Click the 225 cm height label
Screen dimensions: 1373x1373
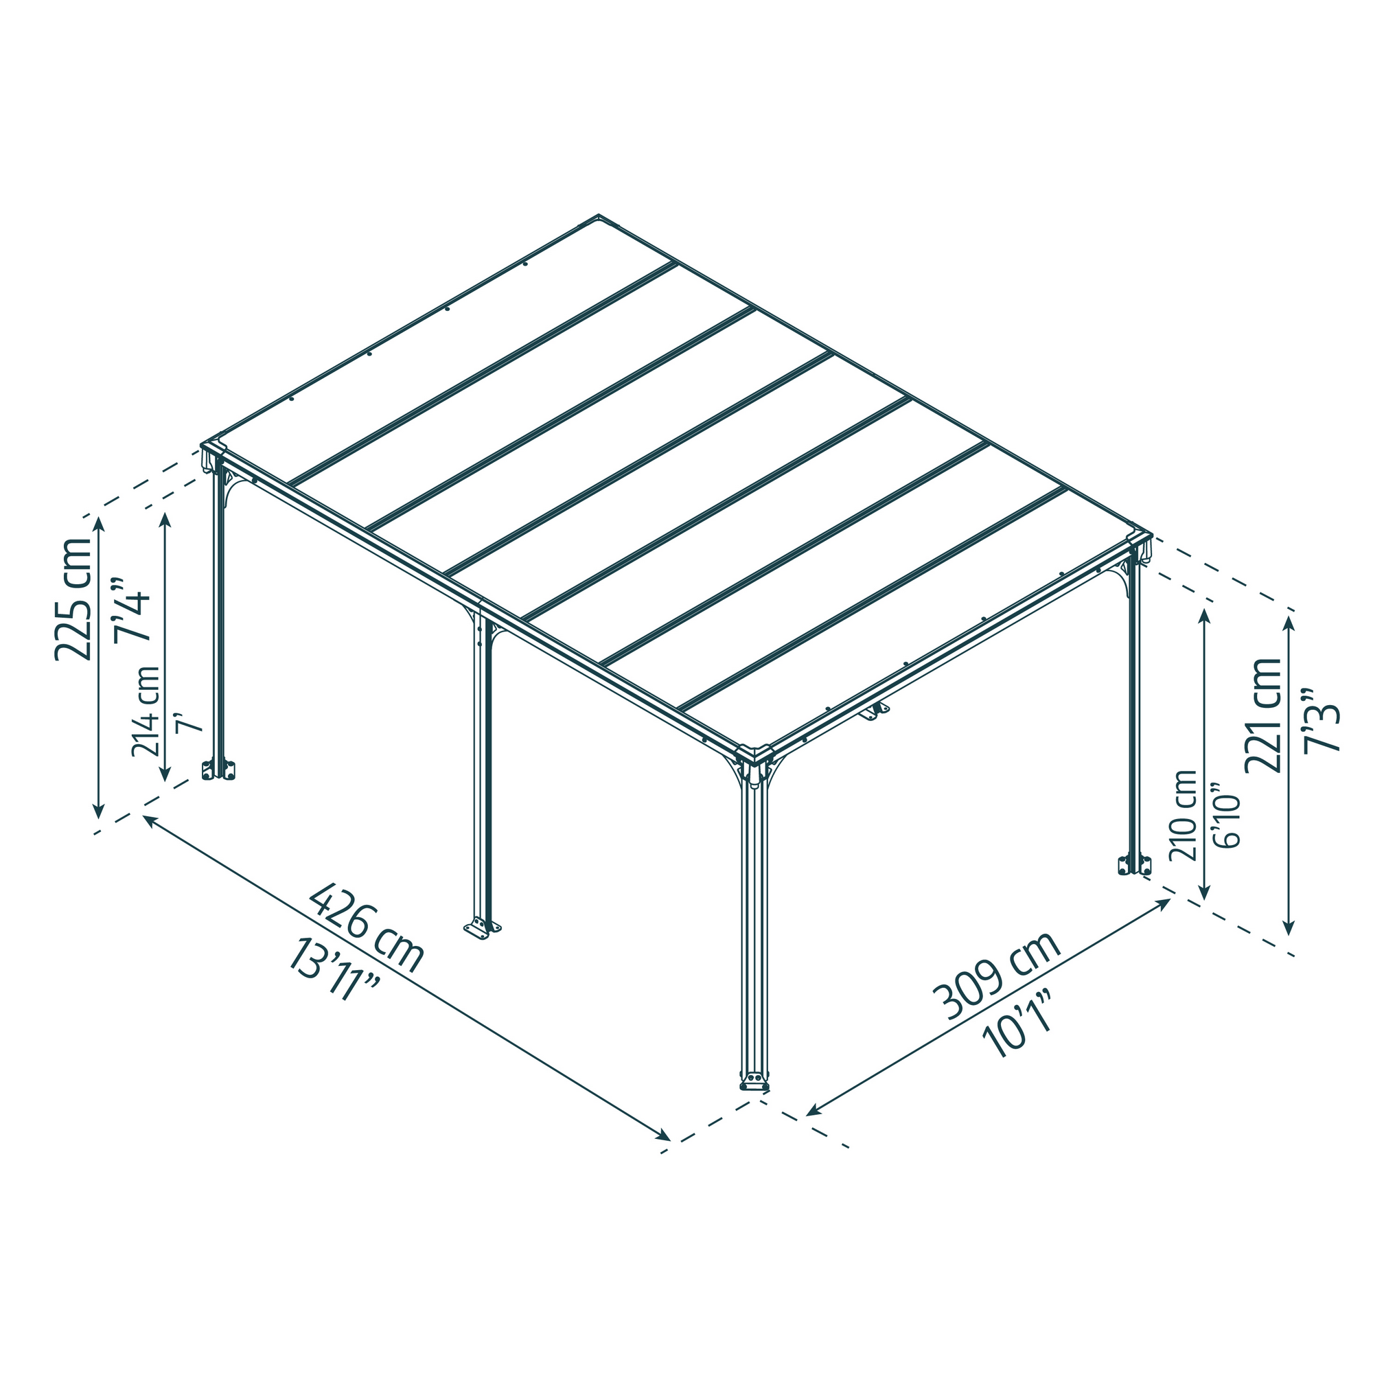[x=74, y=599]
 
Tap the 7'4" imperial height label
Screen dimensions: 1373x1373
[x=132, y=609]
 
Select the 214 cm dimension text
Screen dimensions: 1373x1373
[x=146, y=711]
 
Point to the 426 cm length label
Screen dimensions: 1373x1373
[x=367, y=927]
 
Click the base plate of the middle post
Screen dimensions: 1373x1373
[x=482, y=927]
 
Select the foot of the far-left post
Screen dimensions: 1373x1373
[x=218, y=770]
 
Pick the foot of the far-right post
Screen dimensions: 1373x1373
[x=1134, y=865]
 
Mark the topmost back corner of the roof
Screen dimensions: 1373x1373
[x=599, y=217]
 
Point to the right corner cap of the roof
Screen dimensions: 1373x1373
[x=1139, y=538]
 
